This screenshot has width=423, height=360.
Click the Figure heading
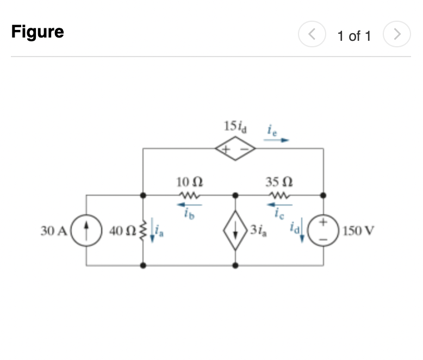[38, 32]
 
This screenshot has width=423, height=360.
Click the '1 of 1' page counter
[354, 36]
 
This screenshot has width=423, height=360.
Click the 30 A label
[54, 231]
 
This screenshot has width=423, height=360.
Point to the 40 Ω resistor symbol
[142, 231]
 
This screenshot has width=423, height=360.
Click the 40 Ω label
[120, 231]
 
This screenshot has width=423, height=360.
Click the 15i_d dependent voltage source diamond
[235, 147]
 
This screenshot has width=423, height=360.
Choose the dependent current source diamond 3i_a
[235, 230]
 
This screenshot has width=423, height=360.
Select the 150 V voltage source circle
[324, 230]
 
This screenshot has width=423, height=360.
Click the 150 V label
[358, 231]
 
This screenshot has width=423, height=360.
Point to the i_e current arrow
[277, 139]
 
